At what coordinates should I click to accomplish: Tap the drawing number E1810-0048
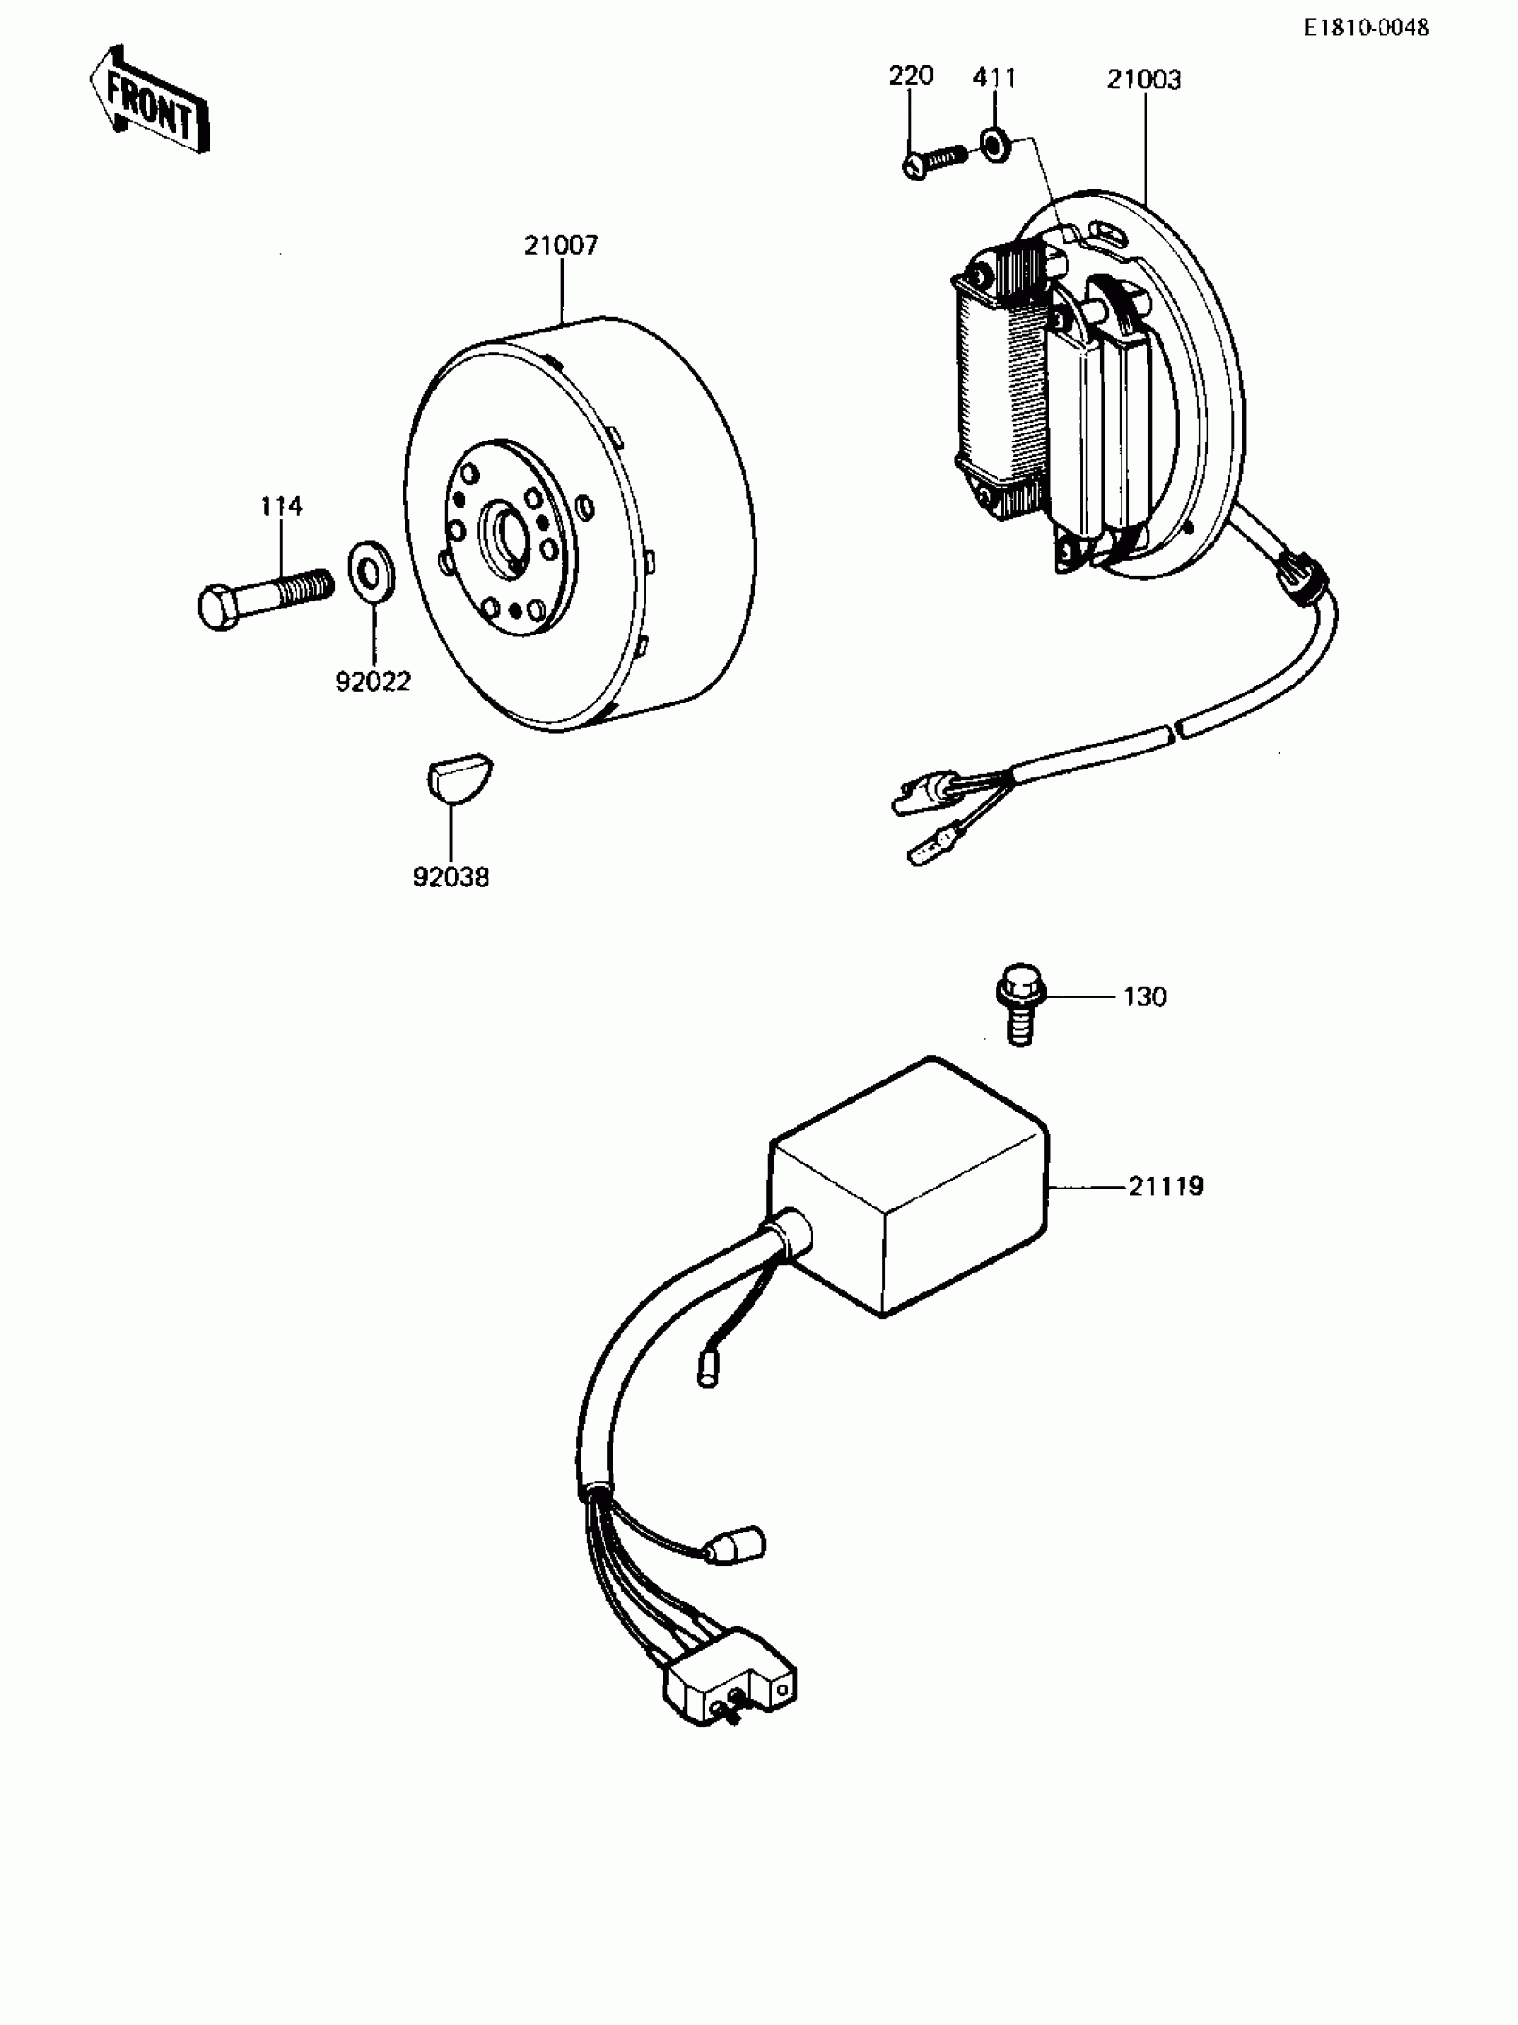click(1365, 28)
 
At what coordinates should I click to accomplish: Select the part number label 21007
click(561, 246)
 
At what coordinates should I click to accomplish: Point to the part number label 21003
click(1144, 80)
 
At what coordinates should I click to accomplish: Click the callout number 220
click(911, 76)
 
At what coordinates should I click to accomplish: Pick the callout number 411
click(994, 78)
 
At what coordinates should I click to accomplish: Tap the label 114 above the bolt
click(281, 505)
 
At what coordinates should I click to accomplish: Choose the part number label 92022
click(372, 681)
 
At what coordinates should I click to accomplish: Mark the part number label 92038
click(451, 877)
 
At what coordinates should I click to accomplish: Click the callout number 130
click(1145, 996)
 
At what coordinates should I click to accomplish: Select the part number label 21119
click(1164, 1187)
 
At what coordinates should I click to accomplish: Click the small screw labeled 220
click(932, 161)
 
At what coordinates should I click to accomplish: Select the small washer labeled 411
click(995, 145)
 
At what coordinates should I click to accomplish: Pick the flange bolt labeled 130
click(1020, 1002)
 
